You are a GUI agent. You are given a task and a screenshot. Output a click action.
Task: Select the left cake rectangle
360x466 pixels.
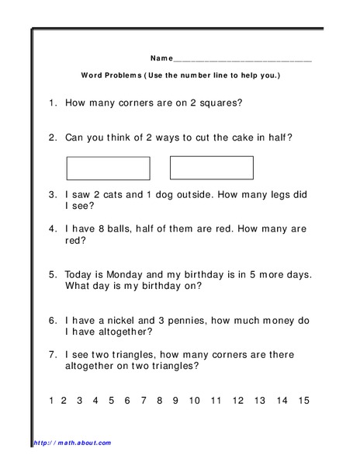(x=108, y=169)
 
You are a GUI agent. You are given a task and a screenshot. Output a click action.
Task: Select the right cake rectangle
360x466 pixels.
(x=211, y=168)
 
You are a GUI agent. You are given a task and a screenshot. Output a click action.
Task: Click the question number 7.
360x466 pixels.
(x=50, y=353)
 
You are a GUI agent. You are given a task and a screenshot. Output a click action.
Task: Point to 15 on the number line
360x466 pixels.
(x=303, y=401)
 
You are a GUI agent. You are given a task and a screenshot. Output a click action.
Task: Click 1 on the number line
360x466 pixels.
(x=51, y=401)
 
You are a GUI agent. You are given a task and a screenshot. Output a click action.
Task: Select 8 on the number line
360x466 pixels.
(x=159, y=401)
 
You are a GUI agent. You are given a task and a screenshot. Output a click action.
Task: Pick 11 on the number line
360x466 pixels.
(x=216, y=401)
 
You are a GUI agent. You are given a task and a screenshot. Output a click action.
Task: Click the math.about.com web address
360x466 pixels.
(x=72, y=443)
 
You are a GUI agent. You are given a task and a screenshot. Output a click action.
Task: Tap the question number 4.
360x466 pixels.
(x=50, y=229)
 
